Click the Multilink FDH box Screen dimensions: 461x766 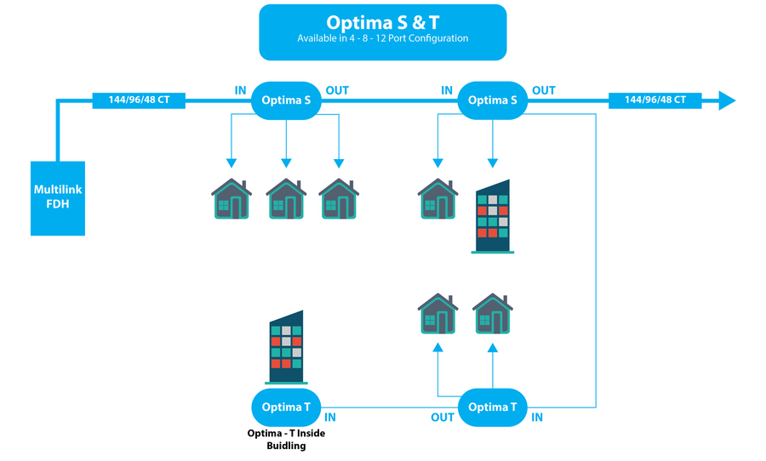click(59, 197)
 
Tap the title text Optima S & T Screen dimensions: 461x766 click(382, 22)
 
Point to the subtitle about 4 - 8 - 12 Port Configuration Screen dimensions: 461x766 click(382, 38)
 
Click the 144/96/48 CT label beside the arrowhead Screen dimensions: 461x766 click(655, 100)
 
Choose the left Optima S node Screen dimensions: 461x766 click(286, 100)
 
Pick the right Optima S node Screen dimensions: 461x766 click(493, 100)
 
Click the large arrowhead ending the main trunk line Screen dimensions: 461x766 click(726, 100)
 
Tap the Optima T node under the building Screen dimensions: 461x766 click(286, 407)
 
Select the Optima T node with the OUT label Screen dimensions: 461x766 click(493, 407)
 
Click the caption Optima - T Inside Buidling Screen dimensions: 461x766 click(286, 439)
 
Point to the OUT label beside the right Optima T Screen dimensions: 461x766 click(443, 418)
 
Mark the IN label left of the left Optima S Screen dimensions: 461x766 click(241, 90)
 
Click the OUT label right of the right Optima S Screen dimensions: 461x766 click(543, 90)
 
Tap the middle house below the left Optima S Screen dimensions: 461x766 click(286, 199)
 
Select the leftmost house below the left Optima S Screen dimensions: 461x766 click(232, 199)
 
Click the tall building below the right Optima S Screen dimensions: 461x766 click(492, 217)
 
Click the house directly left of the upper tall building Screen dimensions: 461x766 click(437, 199)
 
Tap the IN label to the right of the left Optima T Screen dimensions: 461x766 click(330, 418)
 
